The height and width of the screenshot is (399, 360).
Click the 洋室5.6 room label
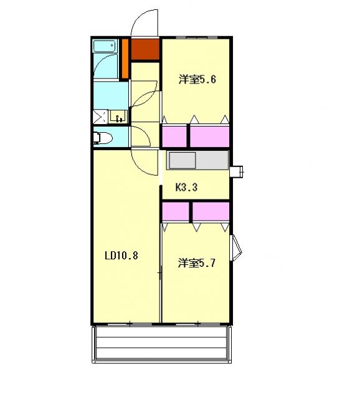197,79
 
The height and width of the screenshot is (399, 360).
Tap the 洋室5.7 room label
197,263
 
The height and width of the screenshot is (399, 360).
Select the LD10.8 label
121,255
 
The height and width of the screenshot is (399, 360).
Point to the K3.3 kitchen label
186,186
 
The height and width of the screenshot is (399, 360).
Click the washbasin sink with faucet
118,116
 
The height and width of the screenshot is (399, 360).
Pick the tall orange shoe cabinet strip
125,59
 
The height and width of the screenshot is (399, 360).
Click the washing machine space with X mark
99,116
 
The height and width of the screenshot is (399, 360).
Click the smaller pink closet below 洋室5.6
174,135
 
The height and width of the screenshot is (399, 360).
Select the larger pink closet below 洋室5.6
209,135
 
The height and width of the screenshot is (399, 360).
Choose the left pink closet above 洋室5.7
175,211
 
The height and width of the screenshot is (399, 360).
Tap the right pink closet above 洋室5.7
210,211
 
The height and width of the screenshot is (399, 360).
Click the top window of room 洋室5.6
197,38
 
